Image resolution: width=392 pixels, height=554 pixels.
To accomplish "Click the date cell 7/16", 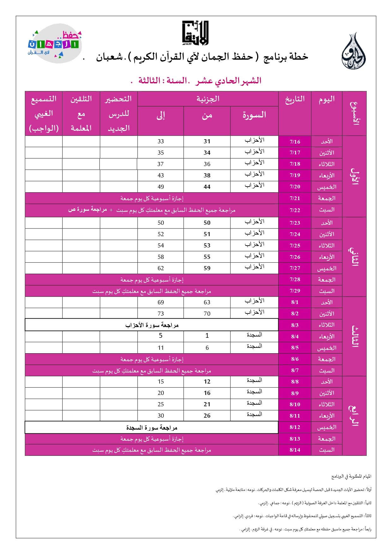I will click(x=295, y=141).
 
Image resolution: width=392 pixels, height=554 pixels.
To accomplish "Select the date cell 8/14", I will click(x=295, y=450).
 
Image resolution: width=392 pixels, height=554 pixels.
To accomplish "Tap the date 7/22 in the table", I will click(x=295, y=210).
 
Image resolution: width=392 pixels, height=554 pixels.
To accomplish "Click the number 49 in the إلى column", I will click(x=160, y=187).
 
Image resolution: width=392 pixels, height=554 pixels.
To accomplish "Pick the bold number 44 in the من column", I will click(x=207, y=187).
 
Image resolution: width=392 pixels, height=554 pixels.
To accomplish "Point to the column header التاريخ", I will click(x=295, y=99).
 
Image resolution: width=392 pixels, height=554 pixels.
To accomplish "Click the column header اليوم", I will click(x=327, y=99).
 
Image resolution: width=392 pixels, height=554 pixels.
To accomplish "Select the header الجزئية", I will click(x=208, y=99).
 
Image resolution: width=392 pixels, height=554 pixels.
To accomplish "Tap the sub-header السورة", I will click(x=254, y=115).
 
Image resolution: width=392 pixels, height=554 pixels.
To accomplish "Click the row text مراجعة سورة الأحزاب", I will click(x=152, y=325).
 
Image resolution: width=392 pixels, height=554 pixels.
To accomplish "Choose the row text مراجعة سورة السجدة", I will click(x=152, y=428).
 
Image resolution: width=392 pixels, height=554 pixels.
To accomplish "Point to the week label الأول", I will click(x=354, y=176).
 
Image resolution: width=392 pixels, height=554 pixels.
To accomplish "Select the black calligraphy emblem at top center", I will click(x=196, y=33).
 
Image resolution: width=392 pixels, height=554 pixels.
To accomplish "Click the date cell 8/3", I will click(x=295, y=325).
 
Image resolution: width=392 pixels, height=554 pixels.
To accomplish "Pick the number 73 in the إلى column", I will click(x=160, y=314).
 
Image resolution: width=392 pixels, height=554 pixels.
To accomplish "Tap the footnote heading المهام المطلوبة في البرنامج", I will click(x=351, y=476).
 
